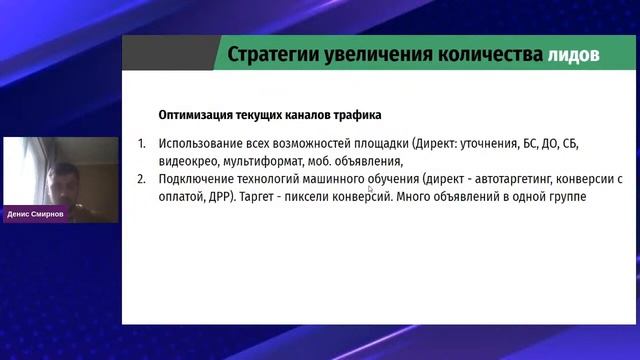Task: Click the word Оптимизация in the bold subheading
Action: point(198,114)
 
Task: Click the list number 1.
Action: point(142,143)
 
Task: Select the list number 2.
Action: point(142,179)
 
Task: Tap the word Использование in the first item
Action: point(201,143)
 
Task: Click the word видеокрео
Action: point(187,161)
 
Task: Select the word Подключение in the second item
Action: point(196,179)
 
